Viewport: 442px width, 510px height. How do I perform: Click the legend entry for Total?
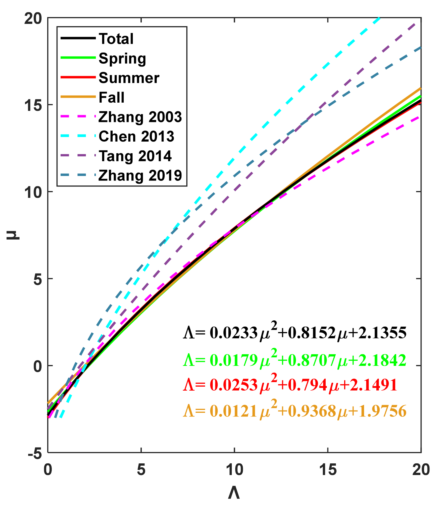pos(116,39)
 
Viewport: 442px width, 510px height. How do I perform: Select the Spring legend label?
pos(122,59)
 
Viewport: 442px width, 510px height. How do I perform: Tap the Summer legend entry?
pos(129,78)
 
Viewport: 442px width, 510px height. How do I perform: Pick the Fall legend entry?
pos(111,98)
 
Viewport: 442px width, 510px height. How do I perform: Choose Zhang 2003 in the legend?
pos(140,117)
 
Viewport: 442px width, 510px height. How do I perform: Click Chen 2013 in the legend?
pos(136,137)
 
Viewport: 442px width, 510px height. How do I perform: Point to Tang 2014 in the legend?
pos(135,156)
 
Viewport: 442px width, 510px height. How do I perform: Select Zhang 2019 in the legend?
pos(140,175)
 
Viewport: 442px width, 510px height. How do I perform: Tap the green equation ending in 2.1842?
pos(295,359)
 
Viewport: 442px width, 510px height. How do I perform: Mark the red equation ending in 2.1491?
pos(290,385)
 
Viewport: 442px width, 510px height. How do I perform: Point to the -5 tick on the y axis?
pos(35,453)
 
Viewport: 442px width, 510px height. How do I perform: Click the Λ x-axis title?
pos(234,494)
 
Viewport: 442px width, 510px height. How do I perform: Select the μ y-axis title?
pos(13,235)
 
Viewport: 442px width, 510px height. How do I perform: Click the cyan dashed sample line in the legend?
pos(78,136)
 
